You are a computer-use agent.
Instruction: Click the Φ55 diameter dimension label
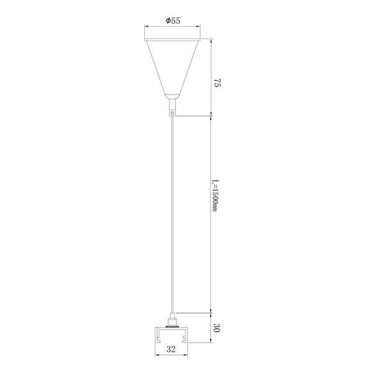(x=173, y=21)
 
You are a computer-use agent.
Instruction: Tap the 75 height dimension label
(x=217, y=83)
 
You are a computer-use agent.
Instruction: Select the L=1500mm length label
(x=215, y=196)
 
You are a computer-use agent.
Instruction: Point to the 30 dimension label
(x=217, y=328)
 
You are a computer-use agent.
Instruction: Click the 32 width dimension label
(x=171, y=349)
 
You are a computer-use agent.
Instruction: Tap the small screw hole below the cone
(x=173, y=113)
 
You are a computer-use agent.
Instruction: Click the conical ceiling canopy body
(x=172, y=67)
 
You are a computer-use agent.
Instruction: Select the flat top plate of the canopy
(x=172, y=39)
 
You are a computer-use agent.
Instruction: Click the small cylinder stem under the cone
(x=173, y=104)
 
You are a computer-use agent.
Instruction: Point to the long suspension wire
(x=173, y=214)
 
